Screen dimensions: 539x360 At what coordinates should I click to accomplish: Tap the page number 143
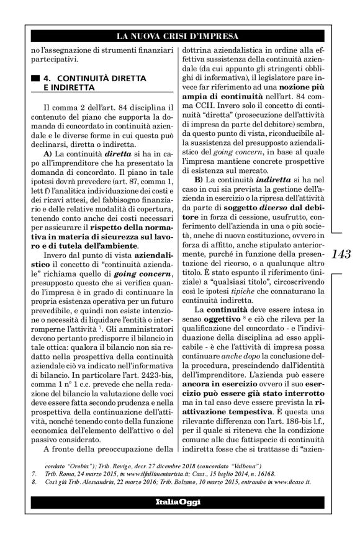pos(341,254)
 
